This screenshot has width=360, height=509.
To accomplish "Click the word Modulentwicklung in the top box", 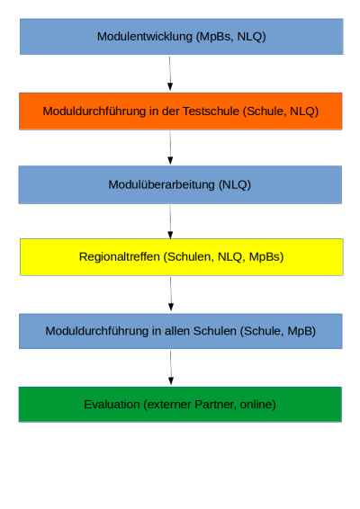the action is [x=145, y=36].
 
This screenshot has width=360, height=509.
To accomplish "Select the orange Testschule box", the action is [x=181, y=112].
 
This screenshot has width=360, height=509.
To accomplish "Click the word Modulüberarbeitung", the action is [x=161, y=184].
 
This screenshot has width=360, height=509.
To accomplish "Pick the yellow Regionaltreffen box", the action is [x=182, y=257].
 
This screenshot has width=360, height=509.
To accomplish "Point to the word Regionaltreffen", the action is [x=120, y=257].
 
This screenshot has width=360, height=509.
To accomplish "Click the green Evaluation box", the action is [x=180, y=405].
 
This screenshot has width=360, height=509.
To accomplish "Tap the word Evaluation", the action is [x=112, y=405].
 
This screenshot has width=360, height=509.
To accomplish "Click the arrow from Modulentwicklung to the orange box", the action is [x=170, y=74].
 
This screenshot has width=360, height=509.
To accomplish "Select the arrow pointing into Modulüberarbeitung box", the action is [x=170, y=147].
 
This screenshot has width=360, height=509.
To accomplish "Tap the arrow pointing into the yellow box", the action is [x=170, y=222].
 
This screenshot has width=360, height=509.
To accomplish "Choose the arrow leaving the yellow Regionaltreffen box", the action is [x=171, y=294].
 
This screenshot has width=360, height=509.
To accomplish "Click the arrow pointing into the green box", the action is [x=171, y=368].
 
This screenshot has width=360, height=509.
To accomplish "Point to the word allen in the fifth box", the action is [x=177, y=331].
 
